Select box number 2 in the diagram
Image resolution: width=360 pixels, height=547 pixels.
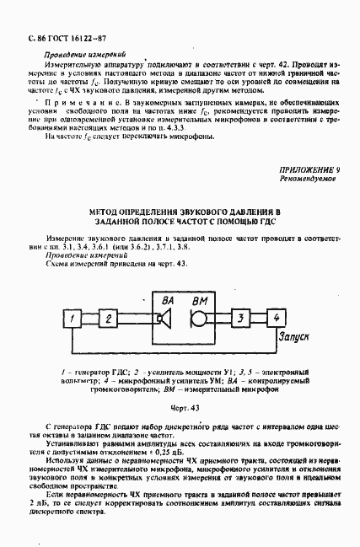(x=108, y=319)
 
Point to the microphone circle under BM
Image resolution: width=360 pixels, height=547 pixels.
(x=197, y=319)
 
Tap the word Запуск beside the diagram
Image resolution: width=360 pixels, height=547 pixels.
(x=290, y=335)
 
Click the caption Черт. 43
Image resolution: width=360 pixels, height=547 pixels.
(x=180, y=408)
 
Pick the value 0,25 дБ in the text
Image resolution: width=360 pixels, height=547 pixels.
(x=161, y=452)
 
